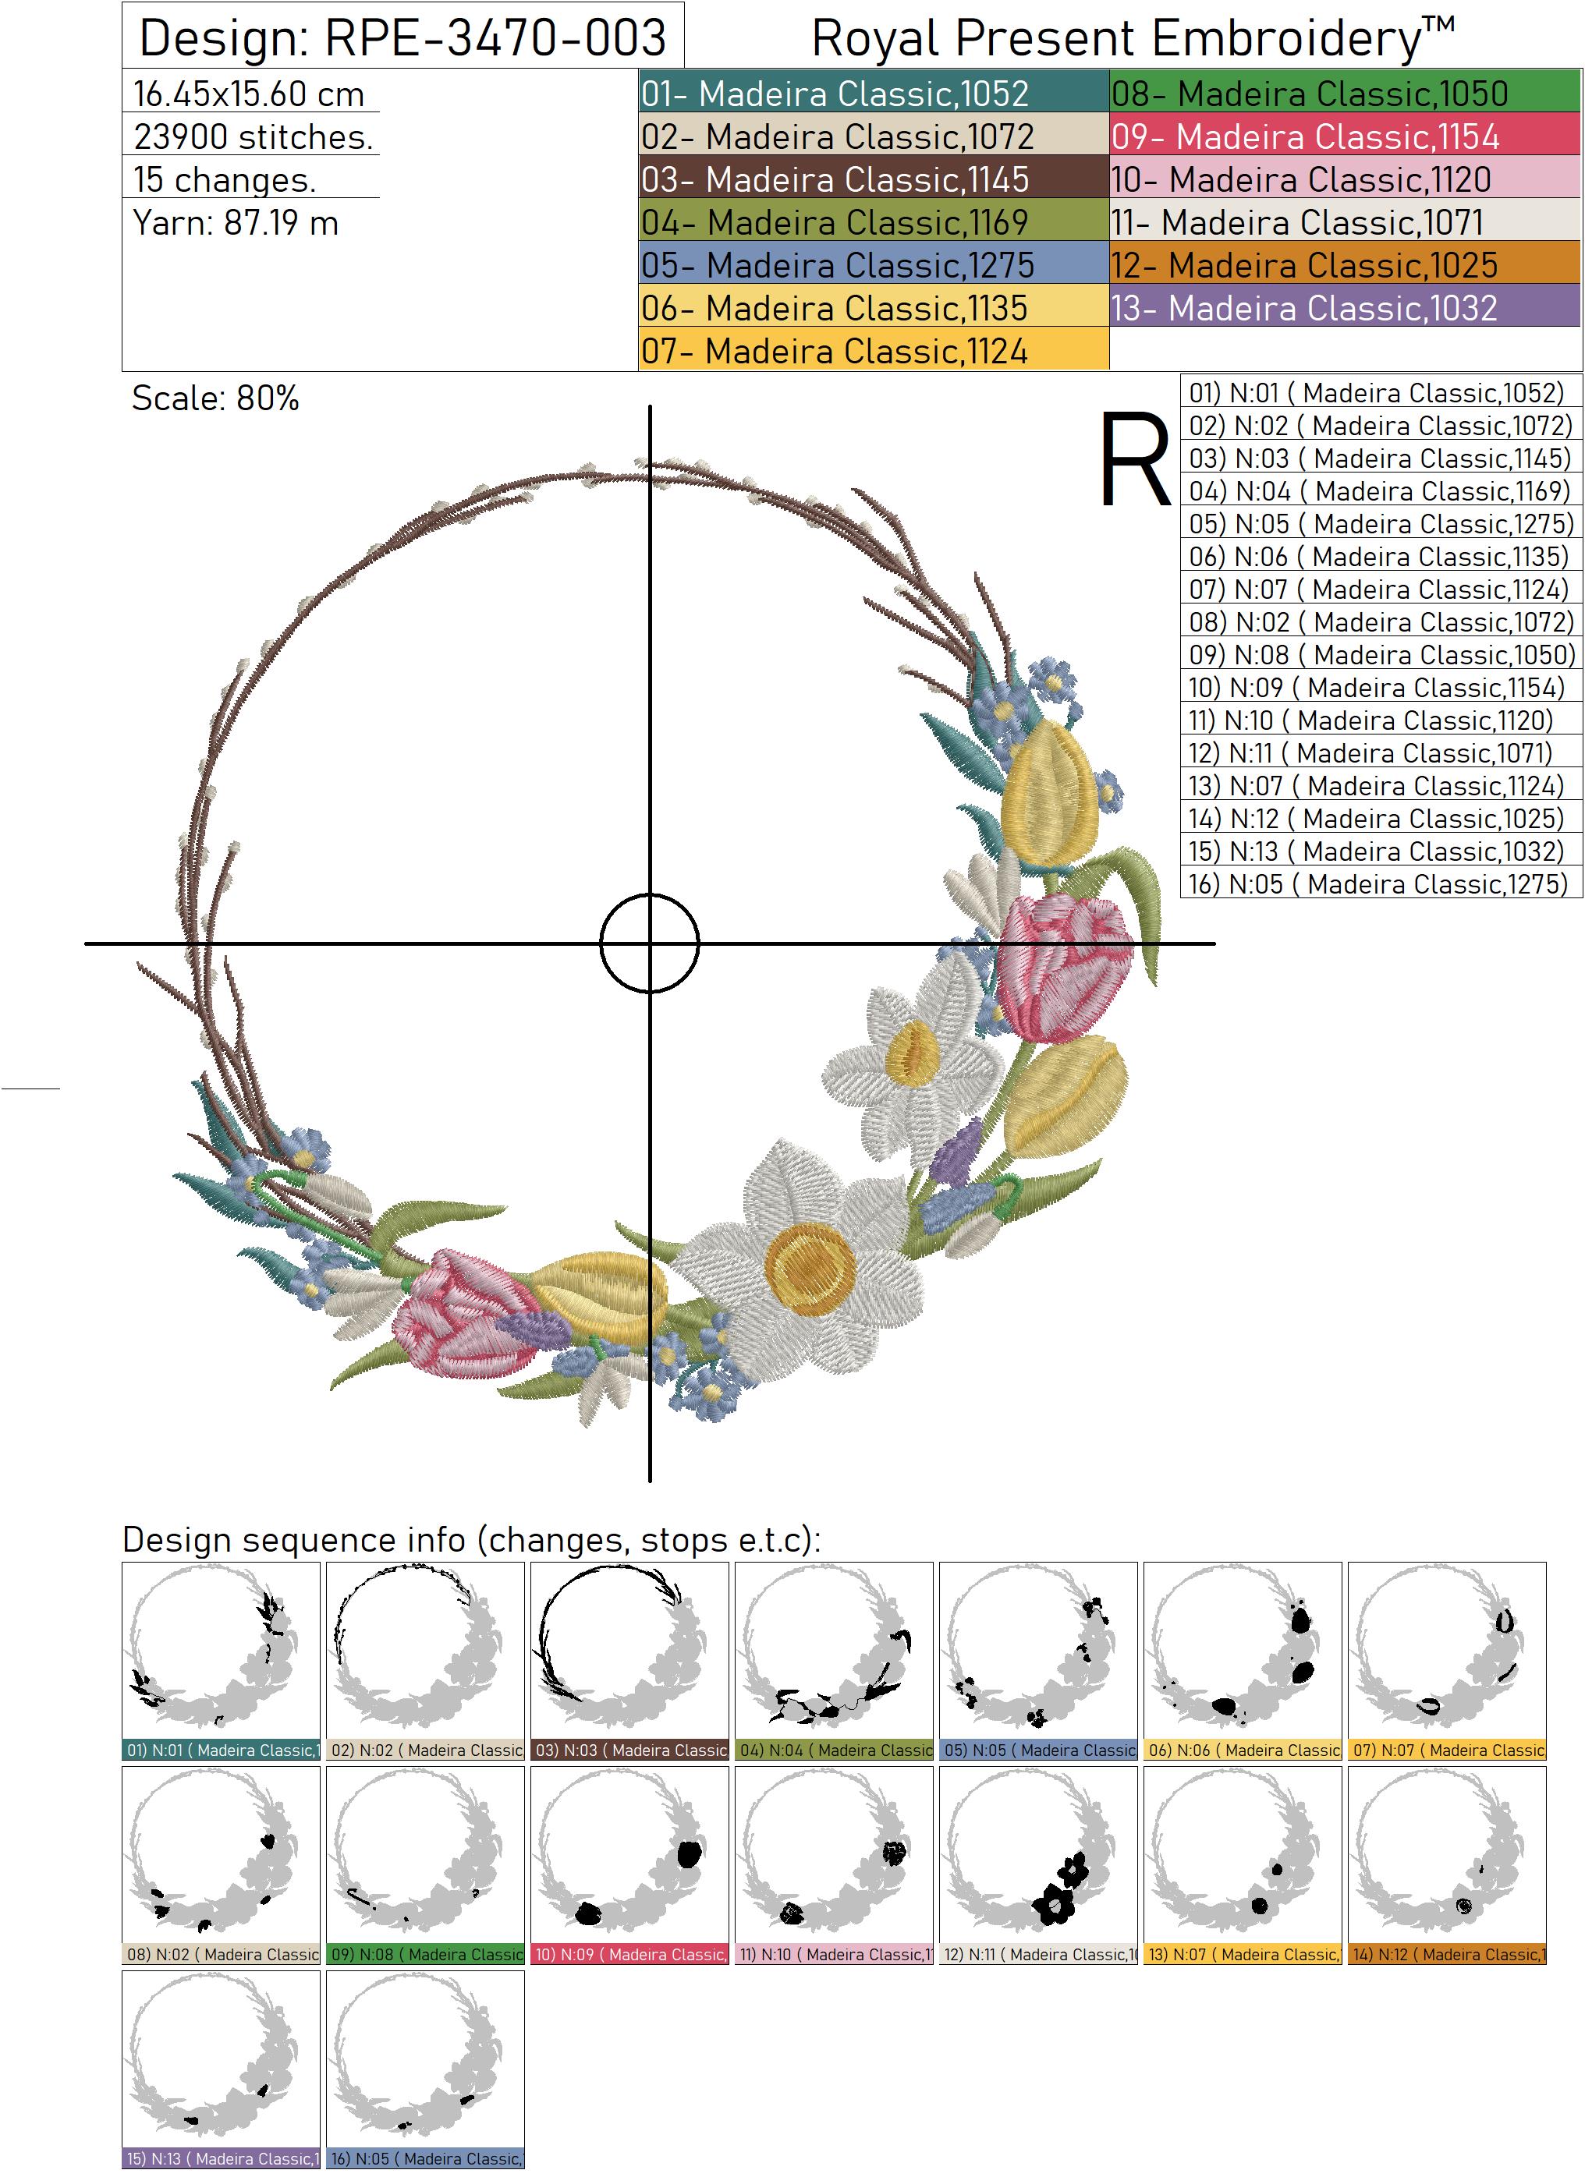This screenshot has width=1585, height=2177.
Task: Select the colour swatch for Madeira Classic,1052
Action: [x=873, y=93]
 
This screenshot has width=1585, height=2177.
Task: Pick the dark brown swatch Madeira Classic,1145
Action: [x=873, y=179]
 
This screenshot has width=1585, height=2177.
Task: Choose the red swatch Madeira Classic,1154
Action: [x=1344, y=136]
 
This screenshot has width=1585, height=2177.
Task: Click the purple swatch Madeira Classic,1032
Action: [x=1344, y=308]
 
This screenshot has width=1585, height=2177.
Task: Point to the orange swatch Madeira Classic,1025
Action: [x=1344, y=265]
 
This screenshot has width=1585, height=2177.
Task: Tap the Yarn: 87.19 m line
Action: [x=236, y=224]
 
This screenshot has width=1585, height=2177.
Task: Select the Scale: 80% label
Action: [x=215, y=398]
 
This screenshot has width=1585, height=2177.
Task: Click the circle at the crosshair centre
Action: [x=650, y=943]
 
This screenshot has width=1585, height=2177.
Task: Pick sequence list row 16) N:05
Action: [x=1380, y=883]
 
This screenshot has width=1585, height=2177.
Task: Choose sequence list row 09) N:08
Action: [x=1380, y=655]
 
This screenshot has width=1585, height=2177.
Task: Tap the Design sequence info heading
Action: [x=471, y=1540]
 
